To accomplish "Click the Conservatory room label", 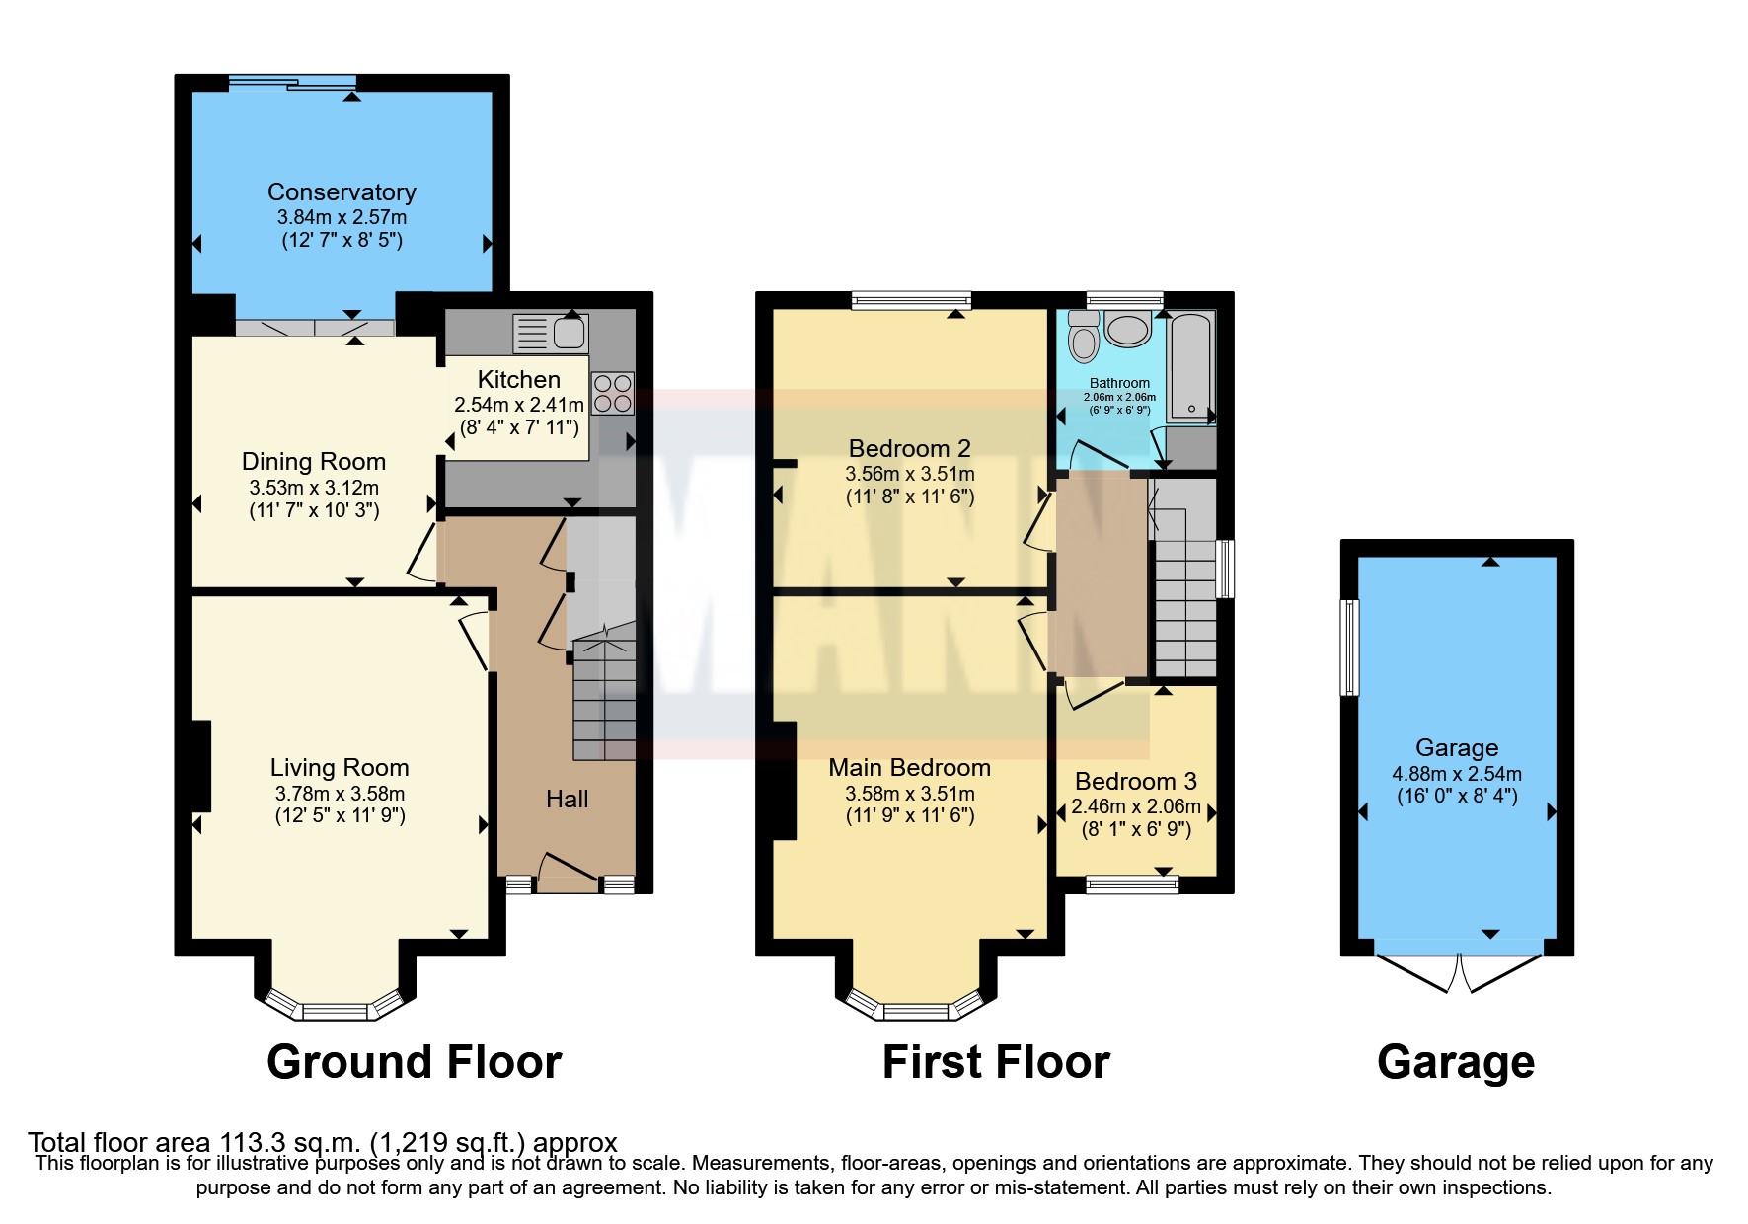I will click(x=342, y=191).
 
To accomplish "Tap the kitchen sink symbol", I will click(x=551, y=333).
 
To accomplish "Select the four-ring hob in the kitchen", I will click(x=612, y=393).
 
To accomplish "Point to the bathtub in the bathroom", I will click(x=1190, y=367).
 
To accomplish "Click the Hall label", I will click(x=567, y=799).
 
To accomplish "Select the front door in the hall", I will click(x=567, y=875).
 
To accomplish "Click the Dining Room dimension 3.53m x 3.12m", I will click(x=314, y=488).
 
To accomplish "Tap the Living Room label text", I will click(x=340, y=767).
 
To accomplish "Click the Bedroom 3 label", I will click(x=1135, y=781).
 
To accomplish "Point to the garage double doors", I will click(x=1457, y=971).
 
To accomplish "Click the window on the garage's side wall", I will click(x=1348, y=647).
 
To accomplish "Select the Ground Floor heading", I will click(x=414, y=1062).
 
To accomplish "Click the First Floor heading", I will click(x=995, y=1062).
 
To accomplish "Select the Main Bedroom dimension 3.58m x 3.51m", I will click(x=909, y=794).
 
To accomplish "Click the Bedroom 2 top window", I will click(x=911, y=300).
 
